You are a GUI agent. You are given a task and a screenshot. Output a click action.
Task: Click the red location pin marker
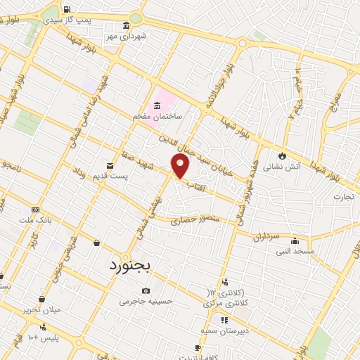tap(181, 165)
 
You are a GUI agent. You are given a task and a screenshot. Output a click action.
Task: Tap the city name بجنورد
tap(136, 265)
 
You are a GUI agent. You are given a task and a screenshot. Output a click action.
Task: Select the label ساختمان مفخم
tap(158, 115)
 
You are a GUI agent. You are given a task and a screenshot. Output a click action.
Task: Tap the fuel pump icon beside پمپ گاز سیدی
tap(66, 10)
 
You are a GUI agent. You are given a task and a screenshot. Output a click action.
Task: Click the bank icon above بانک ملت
tap(35, 210)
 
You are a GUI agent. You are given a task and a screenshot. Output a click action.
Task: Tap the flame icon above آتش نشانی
tap(283, 156)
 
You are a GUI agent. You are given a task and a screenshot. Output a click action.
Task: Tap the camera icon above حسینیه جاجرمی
tap(146, 290)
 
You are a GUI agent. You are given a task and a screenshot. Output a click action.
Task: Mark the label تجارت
tap(345, 195)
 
